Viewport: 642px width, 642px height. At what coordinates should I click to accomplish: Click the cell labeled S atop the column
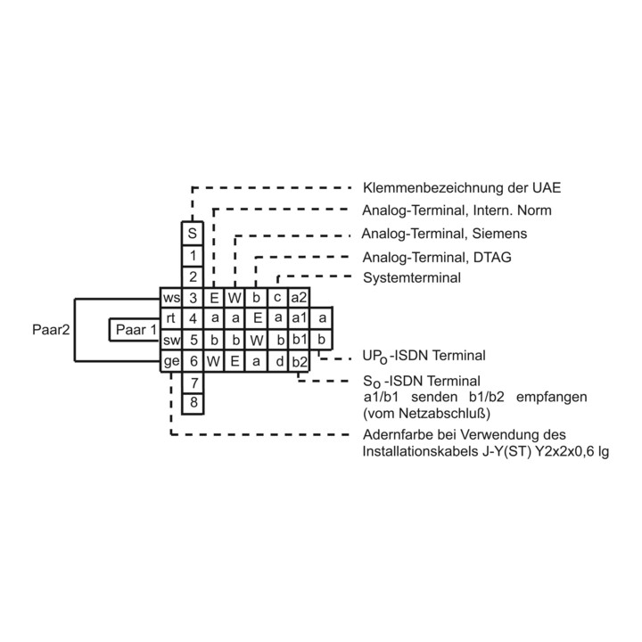[193, 234]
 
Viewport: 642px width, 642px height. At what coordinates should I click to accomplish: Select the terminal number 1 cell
[193, 256]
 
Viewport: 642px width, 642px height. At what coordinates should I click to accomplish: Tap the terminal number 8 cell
[193, 404]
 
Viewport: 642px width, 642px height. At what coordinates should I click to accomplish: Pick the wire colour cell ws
[170, 298]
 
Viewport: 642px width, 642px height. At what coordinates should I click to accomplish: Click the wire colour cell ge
[170, 361]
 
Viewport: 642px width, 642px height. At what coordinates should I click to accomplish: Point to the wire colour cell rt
[170, 319]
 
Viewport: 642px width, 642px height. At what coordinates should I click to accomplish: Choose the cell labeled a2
[299, 298]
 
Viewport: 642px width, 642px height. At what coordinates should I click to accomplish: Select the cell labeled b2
[299, 361]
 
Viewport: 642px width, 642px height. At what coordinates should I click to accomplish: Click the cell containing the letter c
[277, 298]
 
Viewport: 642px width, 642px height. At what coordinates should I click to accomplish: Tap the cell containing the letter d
[277, 361]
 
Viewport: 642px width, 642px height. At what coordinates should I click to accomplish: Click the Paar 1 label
[136, 330]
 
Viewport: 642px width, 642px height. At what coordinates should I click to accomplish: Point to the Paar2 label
[51, 330]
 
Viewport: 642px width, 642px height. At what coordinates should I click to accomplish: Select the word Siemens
[499, 234]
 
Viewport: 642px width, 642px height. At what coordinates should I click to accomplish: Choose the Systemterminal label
[412, 278]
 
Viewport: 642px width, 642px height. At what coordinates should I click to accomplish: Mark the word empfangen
[552, 397]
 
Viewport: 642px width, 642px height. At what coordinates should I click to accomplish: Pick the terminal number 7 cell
[193, 383]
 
